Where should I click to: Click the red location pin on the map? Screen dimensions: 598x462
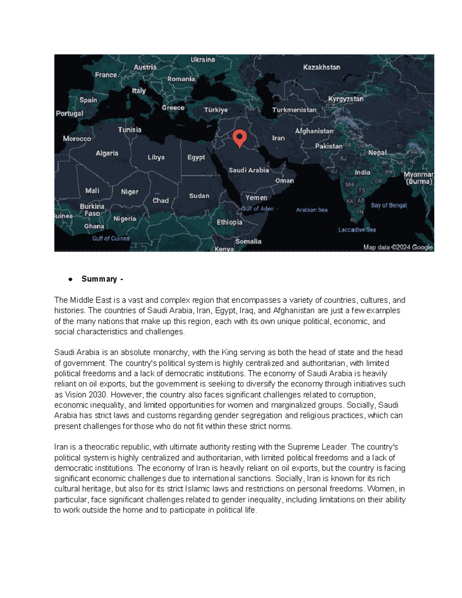point(239,138)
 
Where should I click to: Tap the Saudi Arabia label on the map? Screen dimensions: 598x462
point(249,170)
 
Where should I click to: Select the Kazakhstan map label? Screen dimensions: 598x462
point(321,67)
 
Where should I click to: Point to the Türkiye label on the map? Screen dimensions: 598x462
point(216,110)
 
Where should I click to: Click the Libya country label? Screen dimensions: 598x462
point(156,157)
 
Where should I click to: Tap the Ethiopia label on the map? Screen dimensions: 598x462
point(229,222)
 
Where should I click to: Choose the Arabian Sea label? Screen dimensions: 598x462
point(311,210)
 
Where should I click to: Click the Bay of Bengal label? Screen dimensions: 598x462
point(388,205)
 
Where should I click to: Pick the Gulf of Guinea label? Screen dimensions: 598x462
point(110,239)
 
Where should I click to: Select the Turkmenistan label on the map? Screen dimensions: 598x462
point(294,110)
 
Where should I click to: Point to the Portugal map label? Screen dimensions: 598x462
point(69,114)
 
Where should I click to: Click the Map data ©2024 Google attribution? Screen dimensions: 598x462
point(398,247)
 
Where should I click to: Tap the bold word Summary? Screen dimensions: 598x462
point(99,279)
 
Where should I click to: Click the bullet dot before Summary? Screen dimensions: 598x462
point(70,279)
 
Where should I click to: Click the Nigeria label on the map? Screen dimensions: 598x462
point(125,219)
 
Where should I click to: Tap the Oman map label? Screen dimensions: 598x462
point(285,181)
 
